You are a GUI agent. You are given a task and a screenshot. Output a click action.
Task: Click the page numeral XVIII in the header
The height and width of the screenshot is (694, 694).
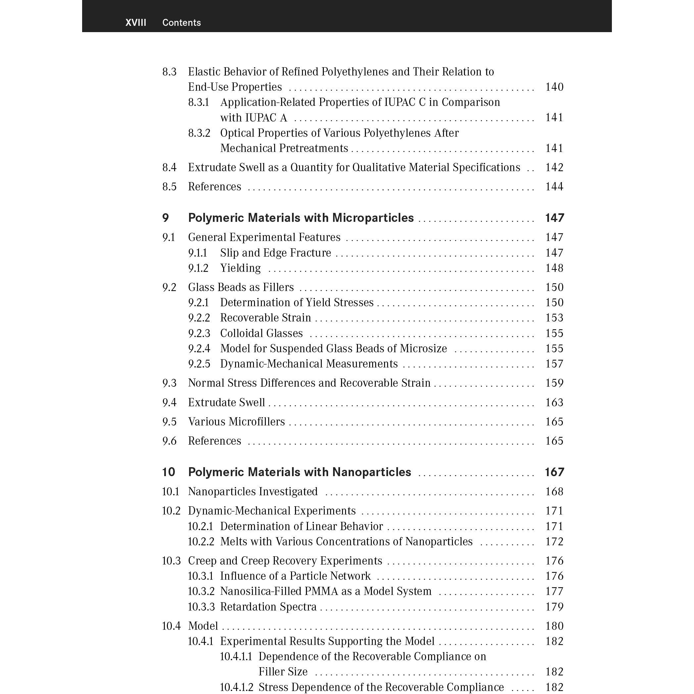(135, 23)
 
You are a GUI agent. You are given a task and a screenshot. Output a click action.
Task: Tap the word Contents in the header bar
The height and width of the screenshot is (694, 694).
(181, 23)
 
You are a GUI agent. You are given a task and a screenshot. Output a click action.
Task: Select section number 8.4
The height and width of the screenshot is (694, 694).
(169, 168)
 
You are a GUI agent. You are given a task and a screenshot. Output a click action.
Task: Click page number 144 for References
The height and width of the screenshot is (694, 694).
(554, 186)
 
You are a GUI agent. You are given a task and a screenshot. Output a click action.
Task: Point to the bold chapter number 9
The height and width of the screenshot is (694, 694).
(165, 218)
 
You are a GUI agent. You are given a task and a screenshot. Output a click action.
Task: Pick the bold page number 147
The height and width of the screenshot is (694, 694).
(554, 218)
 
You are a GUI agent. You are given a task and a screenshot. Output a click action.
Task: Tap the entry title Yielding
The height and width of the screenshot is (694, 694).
(240, 268)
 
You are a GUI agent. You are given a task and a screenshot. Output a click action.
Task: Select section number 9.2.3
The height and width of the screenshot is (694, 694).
(199, 333)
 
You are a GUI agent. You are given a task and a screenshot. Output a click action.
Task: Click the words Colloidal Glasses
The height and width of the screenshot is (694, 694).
(261, 333)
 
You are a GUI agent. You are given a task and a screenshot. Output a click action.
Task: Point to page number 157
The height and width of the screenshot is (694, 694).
(554, 364)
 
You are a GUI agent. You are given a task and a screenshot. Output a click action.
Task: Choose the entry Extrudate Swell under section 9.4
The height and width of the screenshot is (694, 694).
(226, 402)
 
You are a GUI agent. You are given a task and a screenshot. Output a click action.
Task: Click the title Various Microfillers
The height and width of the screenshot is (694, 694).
(236, 421)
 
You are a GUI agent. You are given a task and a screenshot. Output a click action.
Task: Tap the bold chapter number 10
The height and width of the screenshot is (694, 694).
(169, 472)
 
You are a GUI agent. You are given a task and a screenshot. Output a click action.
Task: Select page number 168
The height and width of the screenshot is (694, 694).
(554, 491)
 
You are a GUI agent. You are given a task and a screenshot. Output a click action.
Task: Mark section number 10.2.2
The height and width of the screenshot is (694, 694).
(201, 541)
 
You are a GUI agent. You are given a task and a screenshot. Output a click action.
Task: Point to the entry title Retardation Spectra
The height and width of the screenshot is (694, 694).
(268, 607)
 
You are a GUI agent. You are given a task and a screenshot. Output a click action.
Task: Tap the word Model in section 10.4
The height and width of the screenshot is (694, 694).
(203, 626)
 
